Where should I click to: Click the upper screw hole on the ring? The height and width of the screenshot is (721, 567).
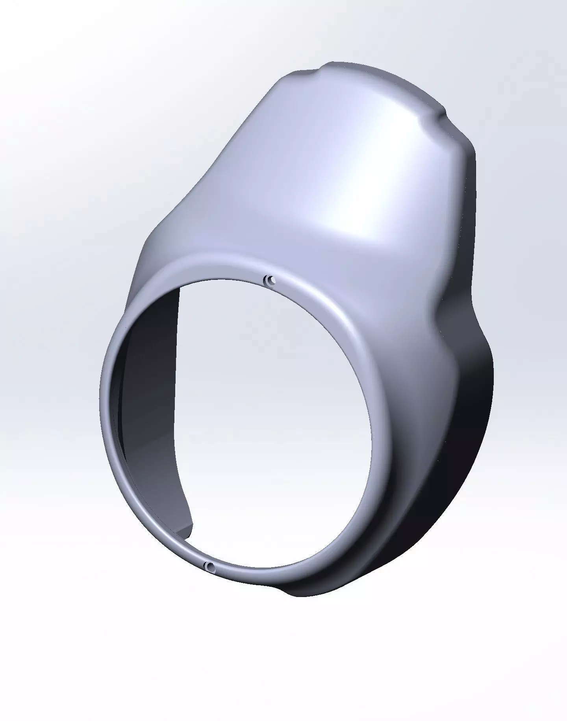tap(271, 280)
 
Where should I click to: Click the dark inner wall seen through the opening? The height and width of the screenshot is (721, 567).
tap(150, 378)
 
